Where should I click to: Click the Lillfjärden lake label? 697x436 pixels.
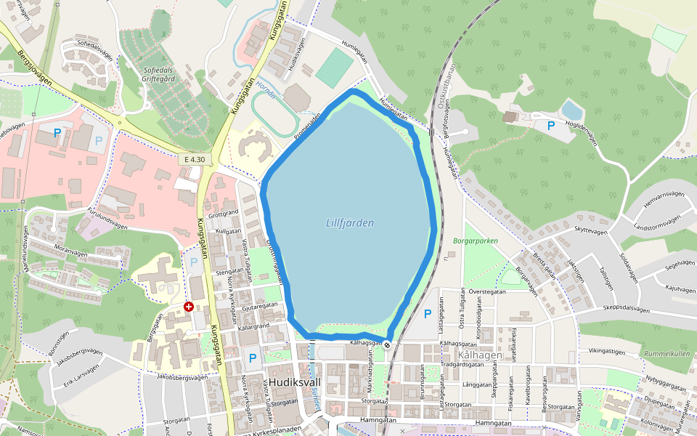tap(350, 223)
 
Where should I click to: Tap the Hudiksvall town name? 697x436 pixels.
tap(295, 382)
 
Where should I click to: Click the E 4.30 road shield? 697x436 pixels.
tap(194, 159)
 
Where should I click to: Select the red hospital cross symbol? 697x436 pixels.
tap(189, 307)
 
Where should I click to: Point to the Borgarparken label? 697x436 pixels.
tap(476, 241)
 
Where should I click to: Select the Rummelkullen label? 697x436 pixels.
tap(667, 354)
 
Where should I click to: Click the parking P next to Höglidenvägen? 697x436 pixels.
tap(551, 126)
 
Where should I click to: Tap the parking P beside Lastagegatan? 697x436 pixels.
tap(427, 314)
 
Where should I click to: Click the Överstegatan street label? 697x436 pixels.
tap(487, 291)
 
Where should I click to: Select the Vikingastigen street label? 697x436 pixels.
tap(606, 351)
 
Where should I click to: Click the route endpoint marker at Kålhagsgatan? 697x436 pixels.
tap(388, 344)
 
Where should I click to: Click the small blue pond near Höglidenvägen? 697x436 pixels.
tap(572, 110)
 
